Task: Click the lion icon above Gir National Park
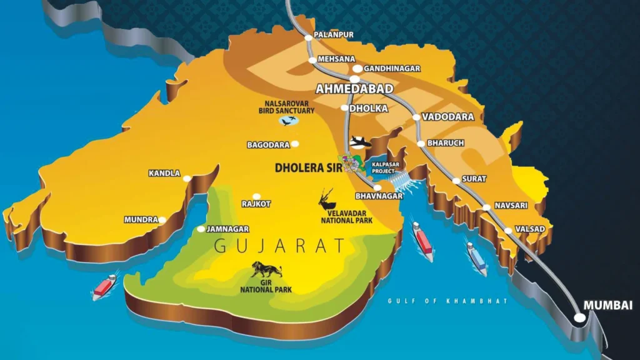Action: point(266,270)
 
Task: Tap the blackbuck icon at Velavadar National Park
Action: point(327,199)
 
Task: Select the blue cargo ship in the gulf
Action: point(477,257)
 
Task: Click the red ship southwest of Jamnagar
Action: point(104,286)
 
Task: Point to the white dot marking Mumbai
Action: point(580,317)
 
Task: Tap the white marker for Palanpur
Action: point(309,37)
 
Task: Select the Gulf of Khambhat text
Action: point(447,301)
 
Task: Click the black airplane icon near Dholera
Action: point(360,142)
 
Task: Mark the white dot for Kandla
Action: point(187,179)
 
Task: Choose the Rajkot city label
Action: point(256,204)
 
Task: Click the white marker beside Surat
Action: point(456,181)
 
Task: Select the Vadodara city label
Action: point(447,117)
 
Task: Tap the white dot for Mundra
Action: point(162,220)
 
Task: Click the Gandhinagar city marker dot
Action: point(357,68)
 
